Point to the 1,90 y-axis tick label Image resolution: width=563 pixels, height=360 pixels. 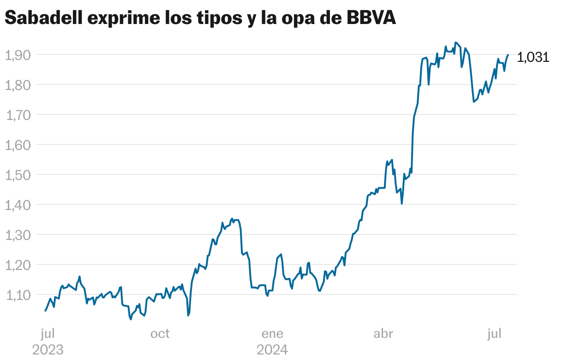[18, 55]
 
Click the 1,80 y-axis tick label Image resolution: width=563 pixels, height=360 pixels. [18, 85]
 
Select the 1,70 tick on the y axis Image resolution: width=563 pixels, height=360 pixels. [18, 115]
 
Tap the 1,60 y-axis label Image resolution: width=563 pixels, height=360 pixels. [18, 145]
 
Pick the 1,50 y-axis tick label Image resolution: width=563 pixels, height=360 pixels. [18, 175]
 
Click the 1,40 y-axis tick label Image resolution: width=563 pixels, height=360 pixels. [18, 205]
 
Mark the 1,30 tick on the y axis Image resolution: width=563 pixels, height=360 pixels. [18, 235]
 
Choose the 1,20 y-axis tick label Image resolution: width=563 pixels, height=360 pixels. [18, 265]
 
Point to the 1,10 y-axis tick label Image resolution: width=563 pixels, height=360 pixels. [18, 295]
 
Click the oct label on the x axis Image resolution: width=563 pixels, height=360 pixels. [160, 333]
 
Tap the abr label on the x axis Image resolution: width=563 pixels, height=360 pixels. [383, 333]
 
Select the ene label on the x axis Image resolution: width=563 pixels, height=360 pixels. [272, 333]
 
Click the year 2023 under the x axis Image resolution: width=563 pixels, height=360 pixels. [48, 349]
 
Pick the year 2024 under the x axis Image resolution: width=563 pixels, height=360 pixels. [272, 349]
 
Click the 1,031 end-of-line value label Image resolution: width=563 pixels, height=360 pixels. [533, 57]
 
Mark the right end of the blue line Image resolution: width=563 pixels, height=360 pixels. [508, 55]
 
